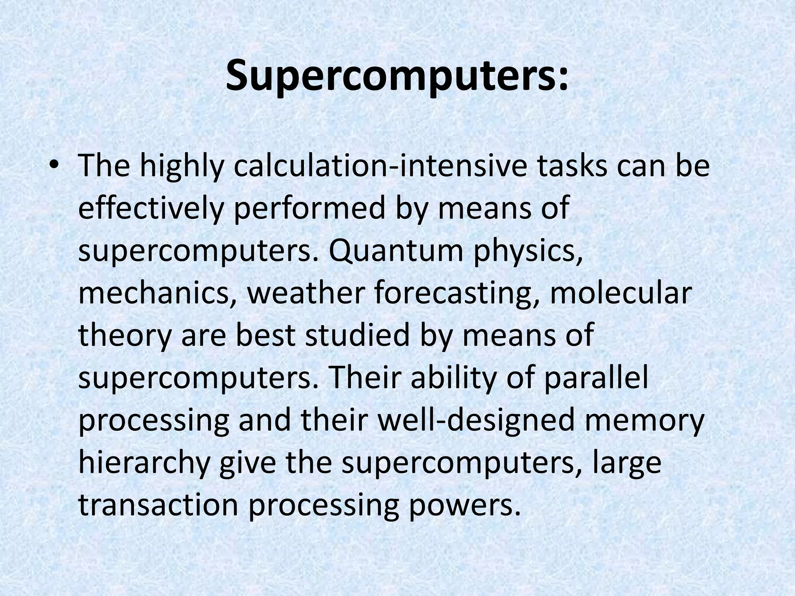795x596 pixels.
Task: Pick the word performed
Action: pos(306,209)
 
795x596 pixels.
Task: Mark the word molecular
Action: pos(620,293)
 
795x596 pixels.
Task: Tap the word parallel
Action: pos(596,378)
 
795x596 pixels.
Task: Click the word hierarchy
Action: pos(144,463)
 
